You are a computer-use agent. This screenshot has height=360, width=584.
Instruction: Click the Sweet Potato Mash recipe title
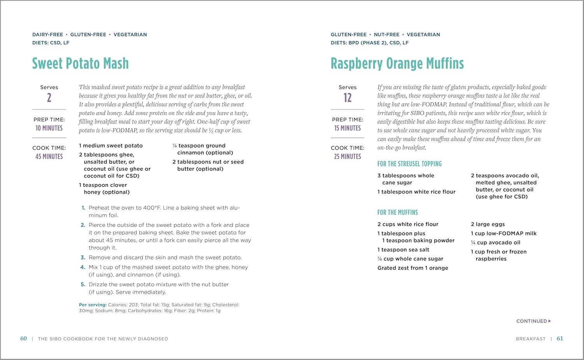[x=80, y=63]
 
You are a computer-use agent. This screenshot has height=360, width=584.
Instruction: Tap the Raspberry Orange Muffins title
[x=397, y=63]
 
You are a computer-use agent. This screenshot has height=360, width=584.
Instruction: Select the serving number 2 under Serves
[x=49, y=98]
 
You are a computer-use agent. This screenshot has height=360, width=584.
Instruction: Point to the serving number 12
[x=347, y=98]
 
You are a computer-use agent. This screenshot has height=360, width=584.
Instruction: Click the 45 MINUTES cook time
[x=49, y=156]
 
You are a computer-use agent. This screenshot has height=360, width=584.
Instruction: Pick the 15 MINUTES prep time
[x=347, y=128]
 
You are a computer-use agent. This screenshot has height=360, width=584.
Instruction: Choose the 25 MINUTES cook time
[x=347, y=156]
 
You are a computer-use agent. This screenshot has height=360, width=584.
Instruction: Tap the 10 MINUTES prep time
[x=49, y=128]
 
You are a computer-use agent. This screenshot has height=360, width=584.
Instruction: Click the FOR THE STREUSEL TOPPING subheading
[x=409, y=164]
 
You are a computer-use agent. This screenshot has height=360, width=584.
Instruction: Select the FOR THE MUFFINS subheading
[x=398, y=212]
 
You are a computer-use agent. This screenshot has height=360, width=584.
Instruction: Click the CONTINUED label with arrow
[x=533, y=321]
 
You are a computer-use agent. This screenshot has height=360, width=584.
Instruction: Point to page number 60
[x=24, y=339]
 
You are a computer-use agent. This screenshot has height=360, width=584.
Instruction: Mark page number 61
[x=560, y=339]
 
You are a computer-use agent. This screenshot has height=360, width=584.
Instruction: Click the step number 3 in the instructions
[x=83, y=258]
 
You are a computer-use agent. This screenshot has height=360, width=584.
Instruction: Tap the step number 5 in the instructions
[x=83, y=284]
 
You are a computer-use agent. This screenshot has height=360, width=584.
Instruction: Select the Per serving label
[x=93, y=305]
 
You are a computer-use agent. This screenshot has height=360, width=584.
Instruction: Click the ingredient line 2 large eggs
[x=488, y=224]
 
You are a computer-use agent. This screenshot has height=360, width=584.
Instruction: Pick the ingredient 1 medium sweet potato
[x=111, y=146]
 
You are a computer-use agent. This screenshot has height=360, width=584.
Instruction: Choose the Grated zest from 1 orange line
[x=413, y=268]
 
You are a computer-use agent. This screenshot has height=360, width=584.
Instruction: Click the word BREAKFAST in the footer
[x=531, y=339]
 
